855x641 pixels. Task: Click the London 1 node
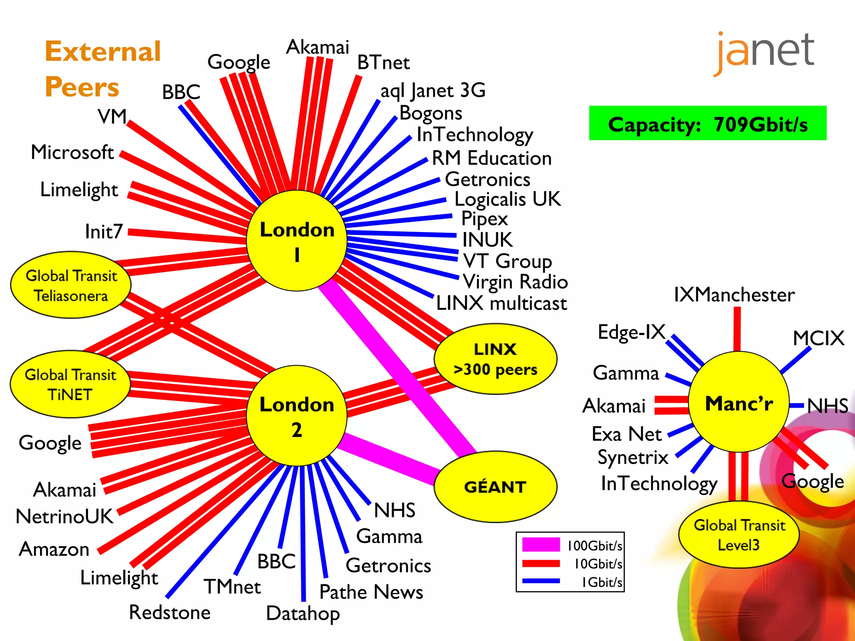click(x=297, y=241)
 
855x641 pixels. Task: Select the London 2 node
click(x=297, y=416)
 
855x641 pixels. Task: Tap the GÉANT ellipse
click(x=495, y=487)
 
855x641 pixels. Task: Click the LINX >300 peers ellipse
click(x=495, y=359)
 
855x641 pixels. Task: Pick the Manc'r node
click(x=739, y=402)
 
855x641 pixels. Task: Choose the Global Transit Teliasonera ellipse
click(x=71, y=285)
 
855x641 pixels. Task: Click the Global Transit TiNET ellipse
click(x=70, y=384)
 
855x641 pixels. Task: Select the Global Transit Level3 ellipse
click(x=739, y=535)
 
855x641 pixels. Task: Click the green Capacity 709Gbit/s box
click(x=707, y=124)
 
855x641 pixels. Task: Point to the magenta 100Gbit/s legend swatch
click(x=541, y=545)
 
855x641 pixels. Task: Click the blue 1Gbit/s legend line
click(x=541, y=581)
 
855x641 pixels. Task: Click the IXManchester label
click(x=734, y=295)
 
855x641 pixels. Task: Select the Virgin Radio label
click(x=516, y=282)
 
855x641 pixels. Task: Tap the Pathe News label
click(x=371, y=592)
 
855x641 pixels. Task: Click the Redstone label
click(x=169, y=612)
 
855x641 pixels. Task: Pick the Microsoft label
click(x=72, y=152)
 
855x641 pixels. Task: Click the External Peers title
click(x=102, y=69)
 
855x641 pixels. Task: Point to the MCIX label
click(x=818, y=338)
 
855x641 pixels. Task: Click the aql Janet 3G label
click(x=433, y=91)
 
